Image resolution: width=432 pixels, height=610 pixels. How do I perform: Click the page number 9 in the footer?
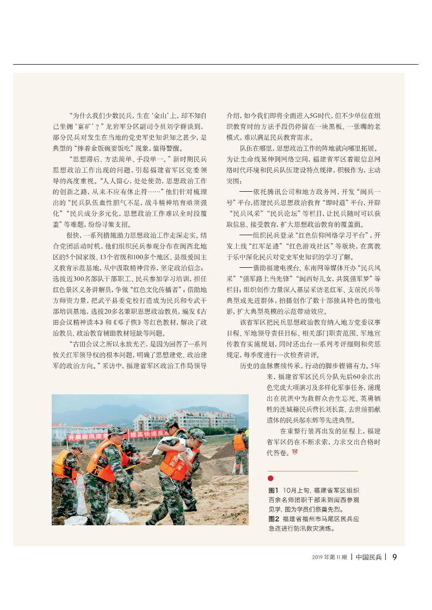click(394, 557)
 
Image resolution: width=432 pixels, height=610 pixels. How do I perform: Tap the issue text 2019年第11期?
click(329, 557)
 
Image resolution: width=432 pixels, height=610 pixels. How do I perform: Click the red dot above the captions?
click(270, 479)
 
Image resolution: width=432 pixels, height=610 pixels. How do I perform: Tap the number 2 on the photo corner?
click(244, 521)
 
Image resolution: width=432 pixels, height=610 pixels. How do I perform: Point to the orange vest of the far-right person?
click(239, 442)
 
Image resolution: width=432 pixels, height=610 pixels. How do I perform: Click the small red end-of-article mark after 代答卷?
click(295, 452)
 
